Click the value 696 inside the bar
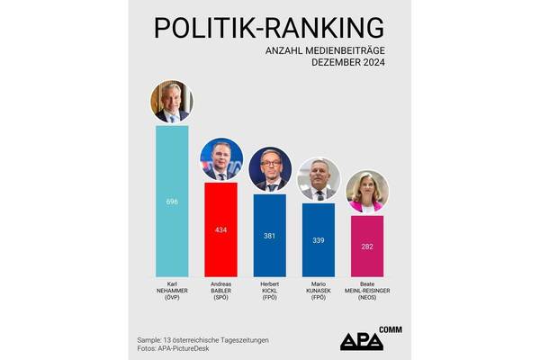click(x=172, y=202)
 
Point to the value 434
click(x=220, y=230)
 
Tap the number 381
click(x=269, y=236)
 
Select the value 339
click(x=318, y=240)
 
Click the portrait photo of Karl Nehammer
click(x=172, y=102)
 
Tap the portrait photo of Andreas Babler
click(x=220, y=160)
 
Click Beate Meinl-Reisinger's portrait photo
click(x=366, y=192)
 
